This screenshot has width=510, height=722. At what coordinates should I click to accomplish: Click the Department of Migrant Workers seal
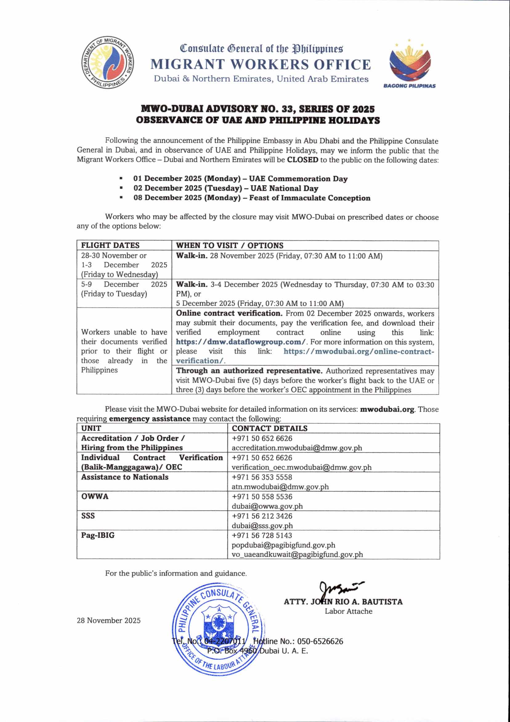point(107,63)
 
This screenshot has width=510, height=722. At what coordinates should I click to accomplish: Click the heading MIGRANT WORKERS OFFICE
point(261,64)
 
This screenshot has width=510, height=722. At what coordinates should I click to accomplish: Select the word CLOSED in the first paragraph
point(303,160)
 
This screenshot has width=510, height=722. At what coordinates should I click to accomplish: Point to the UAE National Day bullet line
point(226,188)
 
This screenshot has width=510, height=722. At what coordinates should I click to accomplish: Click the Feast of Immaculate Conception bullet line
point(252,198)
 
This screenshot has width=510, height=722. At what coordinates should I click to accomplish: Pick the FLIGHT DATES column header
point(110,246)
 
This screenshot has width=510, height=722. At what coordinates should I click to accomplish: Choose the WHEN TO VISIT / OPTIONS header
point(229,246)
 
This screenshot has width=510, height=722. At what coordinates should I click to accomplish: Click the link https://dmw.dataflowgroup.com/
point(241,342)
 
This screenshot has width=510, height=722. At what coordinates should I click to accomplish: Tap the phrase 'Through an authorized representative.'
point(249,371)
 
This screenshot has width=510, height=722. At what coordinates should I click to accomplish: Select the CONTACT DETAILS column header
point(269,428)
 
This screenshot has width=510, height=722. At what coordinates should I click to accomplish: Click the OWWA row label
point(95,497)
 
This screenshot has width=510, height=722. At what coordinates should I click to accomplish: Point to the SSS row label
point(88,516)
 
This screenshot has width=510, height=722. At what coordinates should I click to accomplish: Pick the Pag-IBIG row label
point(98,535)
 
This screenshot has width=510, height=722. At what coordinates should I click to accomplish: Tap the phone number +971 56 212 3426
point(262,516)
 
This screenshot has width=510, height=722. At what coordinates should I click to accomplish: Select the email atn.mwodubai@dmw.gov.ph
point(280,487)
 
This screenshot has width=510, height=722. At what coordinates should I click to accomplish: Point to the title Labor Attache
point(348,611)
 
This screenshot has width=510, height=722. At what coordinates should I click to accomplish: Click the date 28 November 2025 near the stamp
point(108,621)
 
